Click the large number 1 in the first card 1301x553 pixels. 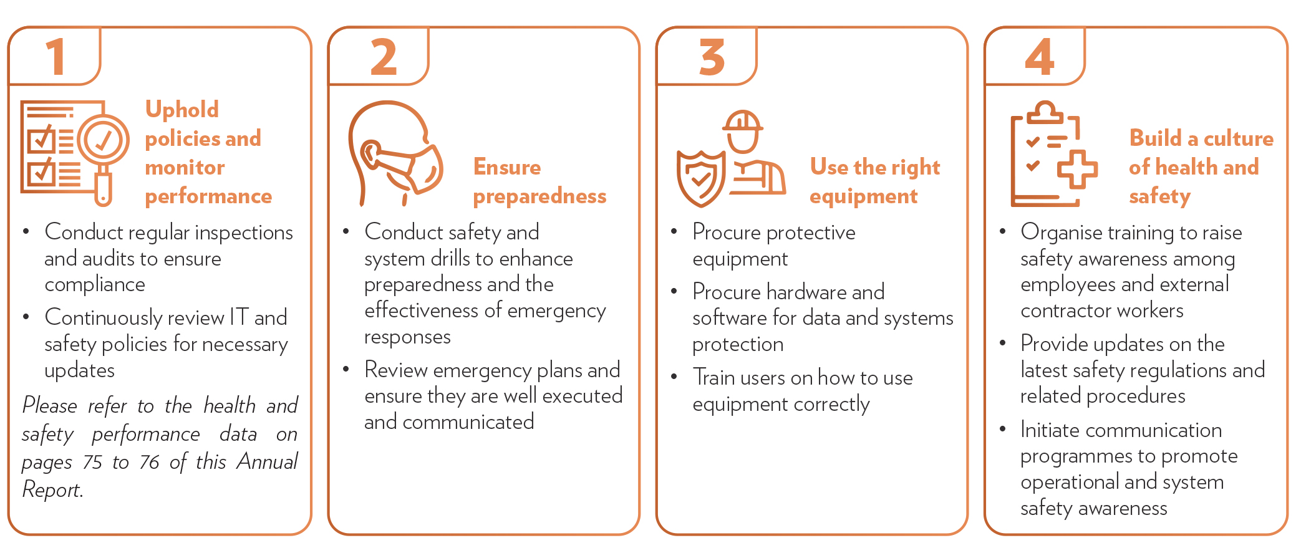[x=57, y=57]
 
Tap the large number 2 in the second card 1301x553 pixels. [x=384, y=57]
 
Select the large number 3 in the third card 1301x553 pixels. [x=712, y=57]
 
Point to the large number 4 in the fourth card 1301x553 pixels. [x=1040, y=57]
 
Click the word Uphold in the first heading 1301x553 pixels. [x=182, y=110]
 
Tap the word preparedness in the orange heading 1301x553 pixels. [x=539, y=197]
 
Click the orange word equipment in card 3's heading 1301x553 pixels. [x=863, y=197]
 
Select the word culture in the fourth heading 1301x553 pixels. [x=1239, y=138]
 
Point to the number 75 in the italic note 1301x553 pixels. [x=92, y=462]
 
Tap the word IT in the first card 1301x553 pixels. [x=239, y=317]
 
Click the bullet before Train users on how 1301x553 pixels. [x=674, y=377]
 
